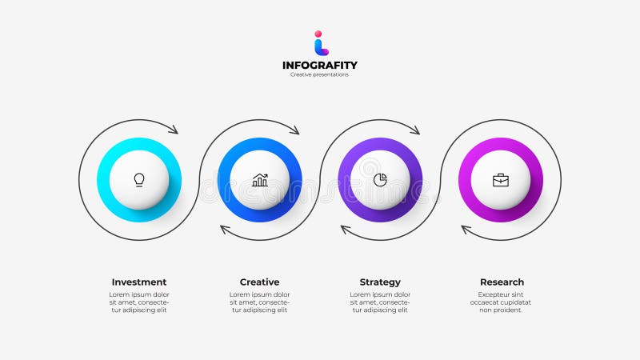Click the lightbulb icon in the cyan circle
point(139,180)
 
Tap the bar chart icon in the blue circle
point(260,180)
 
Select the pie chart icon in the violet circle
point(380,180)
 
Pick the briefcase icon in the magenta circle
point(500,180)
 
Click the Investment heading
point(139,282)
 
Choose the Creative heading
point(260,282)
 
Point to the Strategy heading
point(380,282)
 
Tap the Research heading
point(502,282)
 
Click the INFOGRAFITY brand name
point(320,66)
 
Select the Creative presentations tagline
point(320,75)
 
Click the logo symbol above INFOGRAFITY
point(321,43)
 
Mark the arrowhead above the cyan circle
point(174,130)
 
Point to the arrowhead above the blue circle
point(294,130)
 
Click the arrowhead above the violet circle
point(414,130)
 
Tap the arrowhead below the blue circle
point(226,230)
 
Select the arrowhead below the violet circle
point(346,230)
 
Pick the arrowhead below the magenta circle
point(466,230)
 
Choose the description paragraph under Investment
point(139,302)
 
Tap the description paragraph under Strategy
point(380,302)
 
